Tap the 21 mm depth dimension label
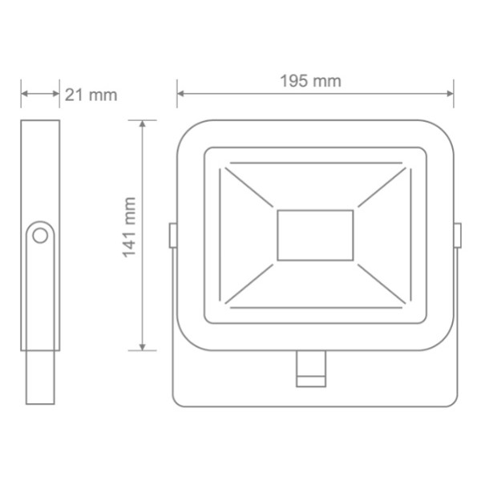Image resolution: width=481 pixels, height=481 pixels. (x=91, y=95)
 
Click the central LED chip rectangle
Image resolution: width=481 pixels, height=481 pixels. (x=315, y=234)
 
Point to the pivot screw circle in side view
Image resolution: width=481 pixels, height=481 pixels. (x=40, y=236)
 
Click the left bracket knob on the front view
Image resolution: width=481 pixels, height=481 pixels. (x=172, y=235)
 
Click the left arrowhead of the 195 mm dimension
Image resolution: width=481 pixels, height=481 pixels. (x=180, y=94)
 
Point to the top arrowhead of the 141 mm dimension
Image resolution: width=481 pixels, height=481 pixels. (x=143, y=125)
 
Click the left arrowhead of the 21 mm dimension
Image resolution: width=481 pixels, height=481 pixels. (x=24, y=94)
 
